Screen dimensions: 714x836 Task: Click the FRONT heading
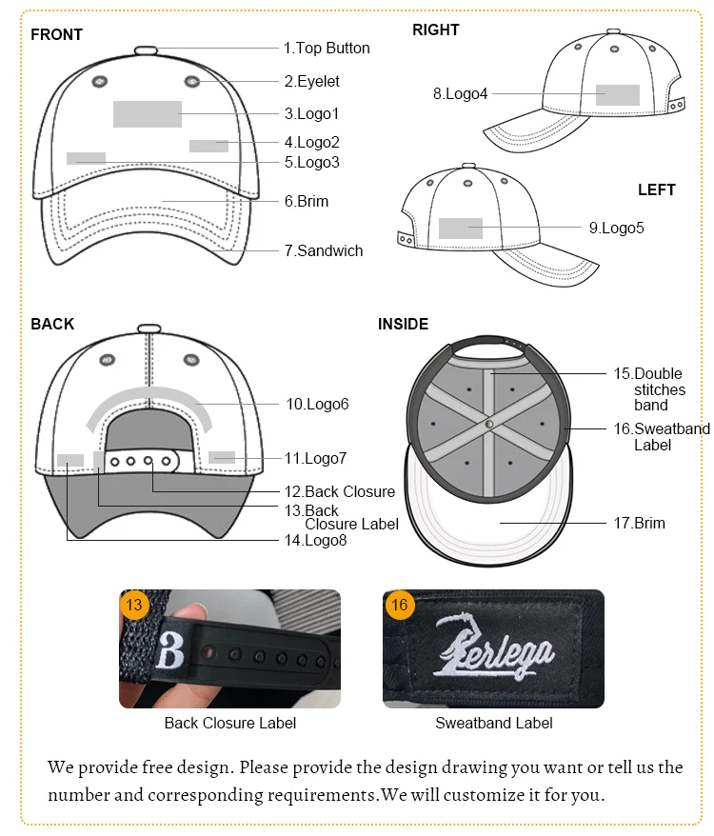click(56, 34)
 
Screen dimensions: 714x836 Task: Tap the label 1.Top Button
click(327, 48)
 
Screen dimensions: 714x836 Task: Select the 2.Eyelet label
click(311, 81)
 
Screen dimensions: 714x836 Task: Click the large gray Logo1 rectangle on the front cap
click(148, 113)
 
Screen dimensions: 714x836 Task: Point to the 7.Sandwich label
click(324, 250)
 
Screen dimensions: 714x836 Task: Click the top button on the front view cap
click(147, 50)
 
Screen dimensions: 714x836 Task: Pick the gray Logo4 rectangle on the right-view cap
click(618, 94)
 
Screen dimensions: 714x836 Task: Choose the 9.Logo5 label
click(616, 228)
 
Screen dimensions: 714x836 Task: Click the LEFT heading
click(656, 189)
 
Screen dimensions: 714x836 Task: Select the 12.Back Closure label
click(340, 491)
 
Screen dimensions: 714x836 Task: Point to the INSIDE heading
click(403, 324)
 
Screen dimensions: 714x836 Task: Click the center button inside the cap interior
click(489, 424)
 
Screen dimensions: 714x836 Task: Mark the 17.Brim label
click(639, 523)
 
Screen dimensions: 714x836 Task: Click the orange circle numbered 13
click(134, 605)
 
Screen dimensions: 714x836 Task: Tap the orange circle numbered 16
click(398, 605)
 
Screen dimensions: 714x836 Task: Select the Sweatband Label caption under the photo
click(493, 723)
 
